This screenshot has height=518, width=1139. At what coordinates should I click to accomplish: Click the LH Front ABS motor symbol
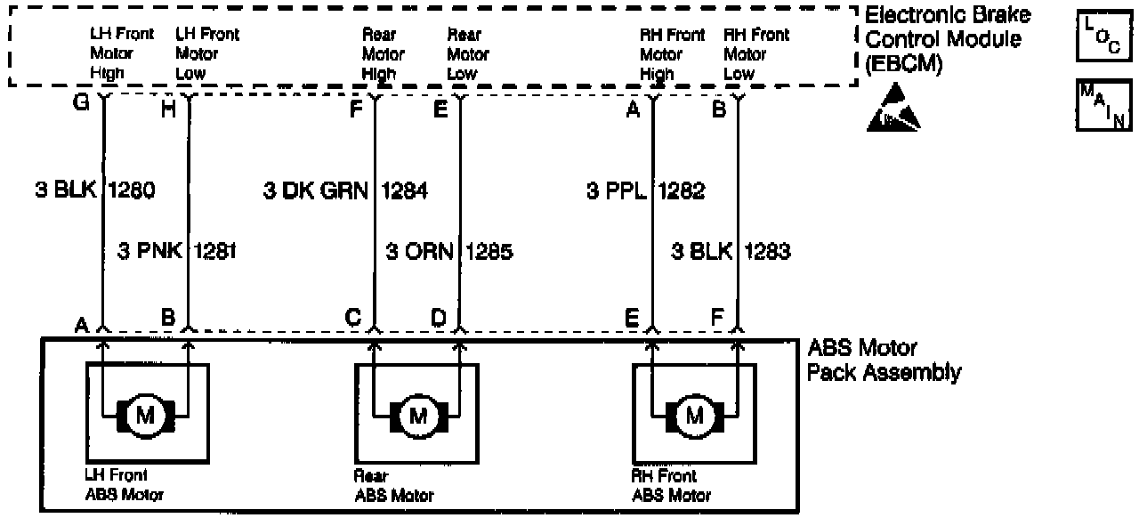click(x=144, y=414)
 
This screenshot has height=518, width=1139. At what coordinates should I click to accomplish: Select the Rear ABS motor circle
click(x=416, y=414)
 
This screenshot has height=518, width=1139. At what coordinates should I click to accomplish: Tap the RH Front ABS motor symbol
click(x=694, y=414)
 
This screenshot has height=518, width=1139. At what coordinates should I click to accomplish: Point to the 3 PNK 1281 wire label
click(x=176, y=252)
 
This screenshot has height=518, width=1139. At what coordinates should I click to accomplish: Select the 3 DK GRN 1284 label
click(x=345, y=190)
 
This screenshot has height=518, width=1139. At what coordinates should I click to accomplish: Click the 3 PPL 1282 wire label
click(x=645, y=190)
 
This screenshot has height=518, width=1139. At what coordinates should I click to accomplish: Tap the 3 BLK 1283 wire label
click(x=731, y=252)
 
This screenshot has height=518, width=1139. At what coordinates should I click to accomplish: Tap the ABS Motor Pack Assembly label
click(x=883, y=360)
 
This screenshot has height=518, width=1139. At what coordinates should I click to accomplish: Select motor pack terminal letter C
click(x=353, y=318)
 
